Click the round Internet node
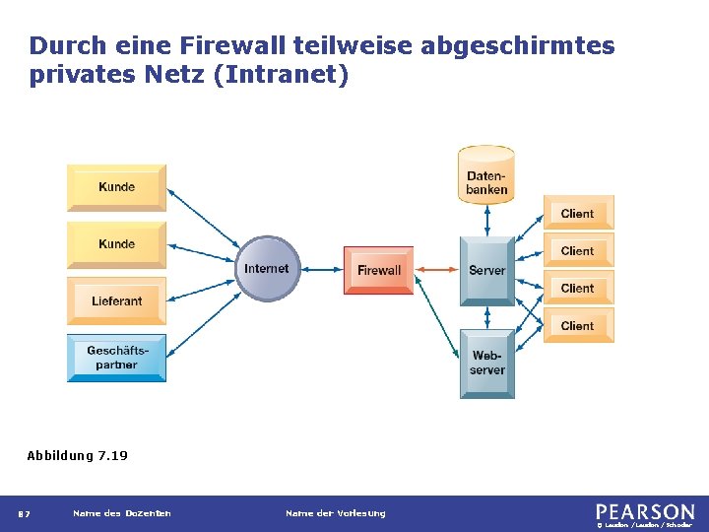[267, 269]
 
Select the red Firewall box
[378, 270]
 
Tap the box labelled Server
[486, 270]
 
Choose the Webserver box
[486, 363]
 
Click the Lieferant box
[116, 300]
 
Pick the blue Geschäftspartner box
[116, 358]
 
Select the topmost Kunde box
[116, 187]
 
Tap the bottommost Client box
[578, 325]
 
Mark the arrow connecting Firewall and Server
[436, 270]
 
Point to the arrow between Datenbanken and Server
[486, 220]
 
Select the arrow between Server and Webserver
[486, 315]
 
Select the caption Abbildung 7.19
[77, 455]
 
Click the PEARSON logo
[644, 511]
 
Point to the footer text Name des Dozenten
[121, 512]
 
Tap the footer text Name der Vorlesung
[335, 512]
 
